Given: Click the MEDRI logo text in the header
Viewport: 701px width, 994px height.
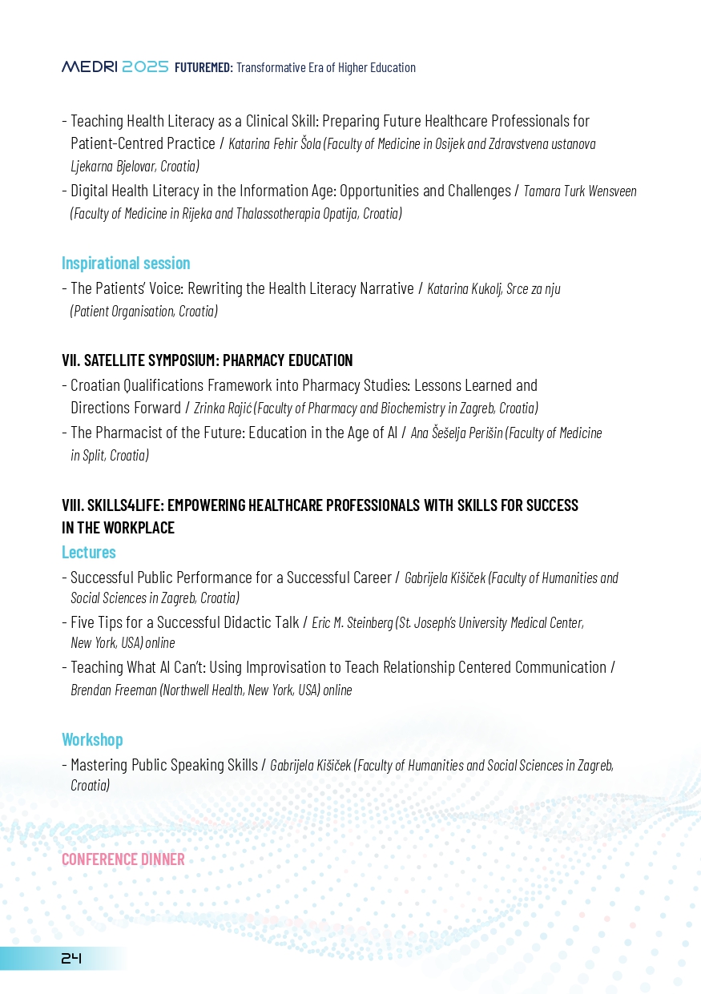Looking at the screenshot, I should (x=90, y=68).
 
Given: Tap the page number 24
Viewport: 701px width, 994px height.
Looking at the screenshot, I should (x=72, y=958).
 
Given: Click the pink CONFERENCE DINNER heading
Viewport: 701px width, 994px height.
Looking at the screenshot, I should (x=123, y=859).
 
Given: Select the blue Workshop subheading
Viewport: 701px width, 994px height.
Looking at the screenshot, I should (x=92, y=739).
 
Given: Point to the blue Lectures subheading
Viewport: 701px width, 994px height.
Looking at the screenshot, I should (x=89, y=553).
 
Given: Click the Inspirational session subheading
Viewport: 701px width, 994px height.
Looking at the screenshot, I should (x=126, y=263).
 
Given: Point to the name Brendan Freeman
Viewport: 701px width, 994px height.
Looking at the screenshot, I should (x=114, y=690).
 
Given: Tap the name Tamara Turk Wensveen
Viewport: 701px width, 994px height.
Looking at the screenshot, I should (x=580, y=191).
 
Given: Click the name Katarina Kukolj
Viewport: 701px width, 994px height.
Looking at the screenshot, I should (x=465, y=288).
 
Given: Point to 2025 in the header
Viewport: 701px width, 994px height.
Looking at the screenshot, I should (x=145, y=68).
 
